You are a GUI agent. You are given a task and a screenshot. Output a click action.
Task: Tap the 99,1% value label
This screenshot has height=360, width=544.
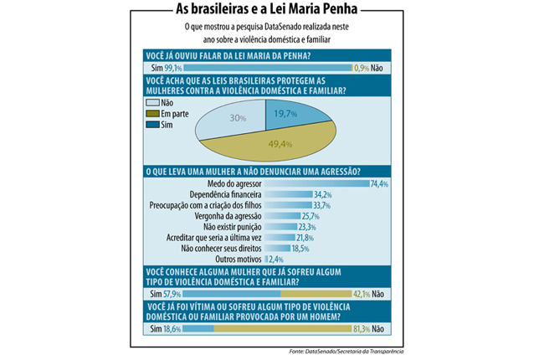pyautogui.click(x=173, y=68)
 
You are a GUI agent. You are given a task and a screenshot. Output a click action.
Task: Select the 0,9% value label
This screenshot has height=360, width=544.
pyautogui.click(x=365, y=68)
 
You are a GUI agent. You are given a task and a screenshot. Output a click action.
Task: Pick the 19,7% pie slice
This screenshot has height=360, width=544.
pyautogui.click(x=289, y=115)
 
